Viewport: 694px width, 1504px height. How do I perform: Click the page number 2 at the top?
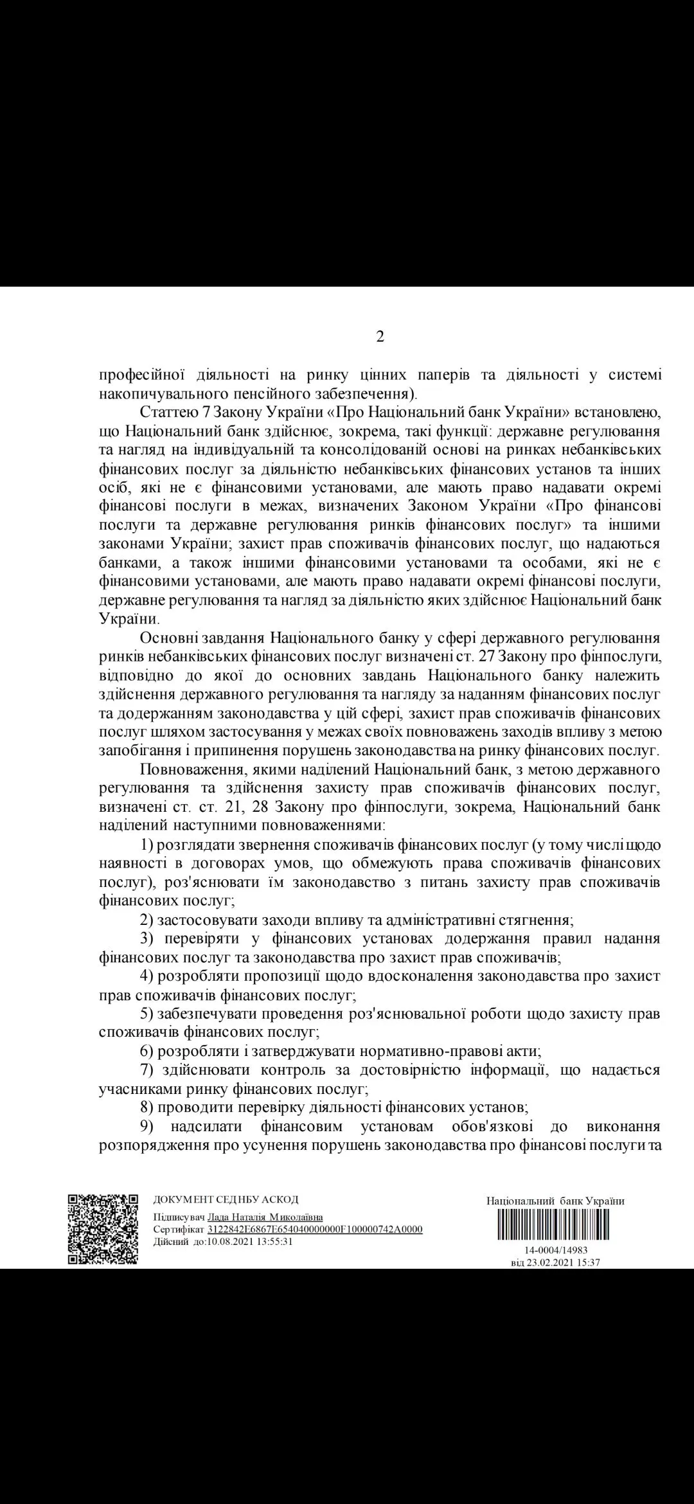click(380, 337)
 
